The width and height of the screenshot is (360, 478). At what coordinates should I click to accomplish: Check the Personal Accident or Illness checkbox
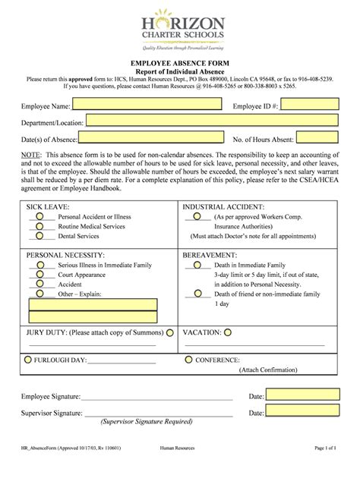coord(39,216)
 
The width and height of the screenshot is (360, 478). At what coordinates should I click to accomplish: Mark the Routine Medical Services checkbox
coord(39,226)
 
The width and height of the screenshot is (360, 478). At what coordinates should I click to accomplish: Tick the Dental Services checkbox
coord(39,236)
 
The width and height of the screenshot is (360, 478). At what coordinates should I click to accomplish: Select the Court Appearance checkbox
coord(39,275)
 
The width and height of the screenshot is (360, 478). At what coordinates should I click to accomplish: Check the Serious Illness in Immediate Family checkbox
coord(39,265)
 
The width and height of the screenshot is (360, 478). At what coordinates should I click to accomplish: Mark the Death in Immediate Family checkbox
coord(197,266)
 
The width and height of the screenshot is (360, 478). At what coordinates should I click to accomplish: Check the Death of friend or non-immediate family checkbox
coord(197,293)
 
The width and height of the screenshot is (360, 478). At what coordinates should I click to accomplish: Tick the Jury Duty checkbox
coord(169,332)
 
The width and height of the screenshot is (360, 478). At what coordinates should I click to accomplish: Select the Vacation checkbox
coord(228,332)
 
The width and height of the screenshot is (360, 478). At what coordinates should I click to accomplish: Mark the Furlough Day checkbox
coord(28,360)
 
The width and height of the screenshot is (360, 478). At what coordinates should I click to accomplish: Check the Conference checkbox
coord(188,360)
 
